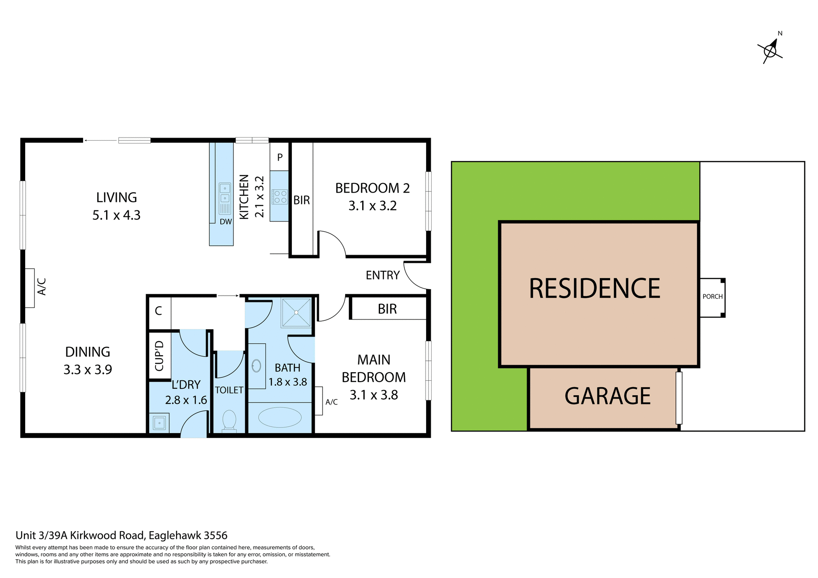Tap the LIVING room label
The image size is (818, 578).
point(116,198)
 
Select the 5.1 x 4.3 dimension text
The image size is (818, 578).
point(116,216)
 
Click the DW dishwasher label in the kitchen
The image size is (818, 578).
point(226,222)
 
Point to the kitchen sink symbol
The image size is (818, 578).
point(225,198)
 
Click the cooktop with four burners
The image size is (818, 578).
point(280,197)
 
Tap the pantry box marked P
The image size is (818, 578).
point(280,157)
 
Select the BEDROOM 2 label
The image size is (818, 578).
point(372,188)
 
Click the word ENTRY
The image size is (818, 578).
point(383,276)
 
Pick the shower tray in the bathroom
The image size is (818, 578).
point(296,313)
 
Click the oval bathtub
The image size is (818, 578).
point(280,417)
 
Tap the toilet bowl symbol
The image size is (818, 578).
point(229,420)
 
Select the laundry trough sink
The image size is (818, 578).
point(159,423)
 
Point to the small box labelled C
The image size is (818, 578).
point(158,311)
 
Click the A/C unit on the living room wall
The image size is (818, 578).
point(30,288)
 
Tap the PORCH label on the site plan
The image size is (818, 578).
point(712,296)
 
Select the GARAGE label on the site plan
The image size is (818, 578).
point(608,396)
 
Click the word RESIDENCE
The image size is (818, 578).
point(594,288)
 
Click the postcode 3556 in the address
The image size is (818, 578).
point(216,535)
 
